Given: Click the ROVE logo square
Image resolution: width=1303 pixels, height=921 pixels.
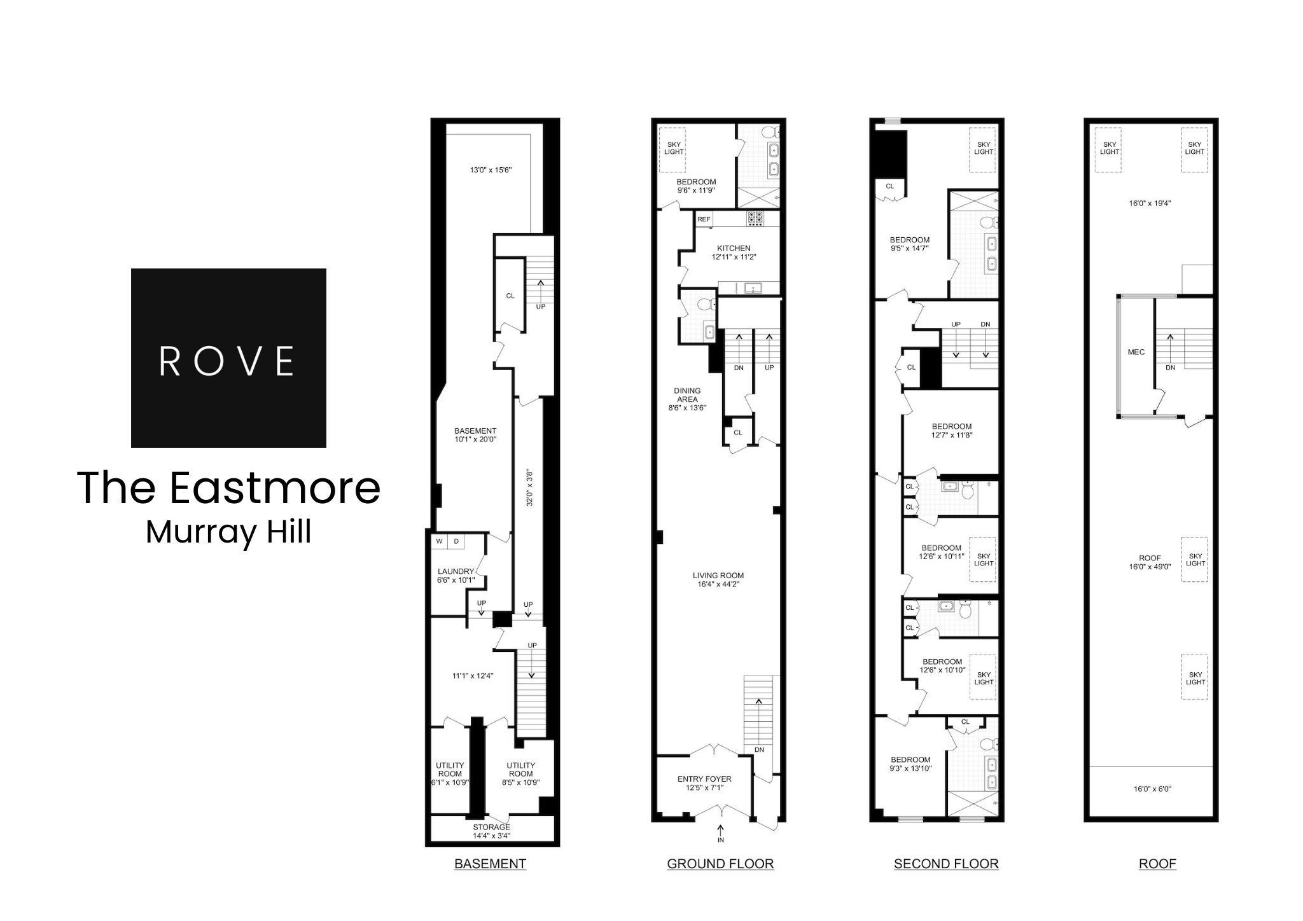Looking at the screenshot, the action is (x=228, y=358).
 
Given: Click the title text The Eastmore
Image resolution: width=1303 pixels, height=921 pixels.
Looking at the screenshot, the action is (x=228, y=488).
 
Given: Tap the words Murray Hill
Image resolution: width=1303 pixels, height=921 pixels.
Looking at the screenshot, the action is (x=228, y=532).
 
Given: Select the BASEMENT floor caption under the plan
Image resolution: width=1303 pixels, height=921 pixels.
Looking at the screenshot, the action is (x=490, y=864).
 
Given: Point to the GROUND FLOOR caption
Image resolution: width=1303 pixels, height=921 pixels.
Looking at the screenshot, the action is (x=720, y=864).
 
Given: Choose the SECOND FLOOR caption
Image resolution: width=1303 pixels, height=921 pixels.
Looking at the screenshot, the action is (x=946, y=864).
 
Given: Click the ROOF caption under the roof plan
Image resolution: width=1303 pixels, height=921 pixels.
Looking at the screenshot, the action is (x=1157, y=864).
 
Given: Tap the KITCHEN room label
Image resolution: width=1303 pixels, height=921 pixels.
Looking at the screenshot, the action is (x=734, y=248).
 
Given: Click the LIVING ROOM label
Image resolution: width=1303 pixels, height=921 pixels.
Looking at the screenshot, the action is (x=718, y=576).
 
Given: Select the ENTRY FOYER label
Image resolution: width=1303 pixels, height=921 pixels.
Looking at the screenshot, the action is (x=704, y=779).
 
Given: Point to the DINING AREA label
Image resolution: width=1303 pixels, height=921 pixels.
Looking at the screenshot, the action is (x=687, y=395).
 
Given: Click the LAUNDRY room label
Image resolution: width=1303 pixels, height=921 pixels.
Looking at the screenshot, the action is (x=456, y=571).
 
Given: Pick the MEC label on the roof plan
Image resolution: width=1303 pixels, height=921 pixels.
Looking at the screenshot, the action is (x=1136, y=352).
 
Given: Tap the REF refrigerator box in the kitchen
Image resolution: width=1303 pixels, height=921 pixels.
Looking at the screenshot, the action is (x=704, y=219).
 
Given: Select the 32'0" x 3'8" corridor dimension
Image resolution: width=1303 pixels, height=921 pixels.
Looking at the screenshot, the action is (x=528, y=487).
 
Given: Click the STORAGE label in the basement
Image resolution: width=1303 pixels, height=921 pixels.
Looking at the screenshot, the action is (x=491, y=827).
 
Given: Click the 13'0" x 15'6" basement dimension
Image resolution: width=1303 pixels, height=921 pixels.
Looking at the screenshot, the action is (x=491, y=170).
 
